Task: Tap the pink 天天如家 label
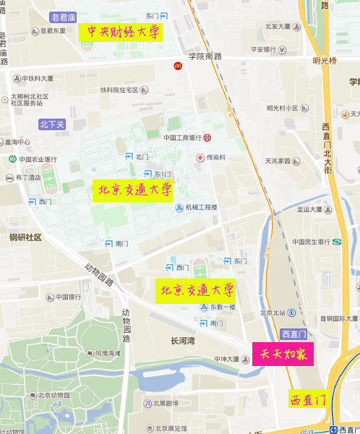click(282, 354)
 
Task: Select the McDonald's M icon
click(177, 66)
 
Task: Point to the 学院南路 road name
click(205, 56)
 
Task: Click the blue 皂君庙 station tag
click(63, 16)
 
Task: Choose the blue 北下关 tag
click(52, 124)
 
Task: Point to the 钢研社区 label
click(25, 237)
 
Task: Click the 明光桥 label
click(325, 61)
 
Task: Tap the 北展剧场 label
click(165, 403)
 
